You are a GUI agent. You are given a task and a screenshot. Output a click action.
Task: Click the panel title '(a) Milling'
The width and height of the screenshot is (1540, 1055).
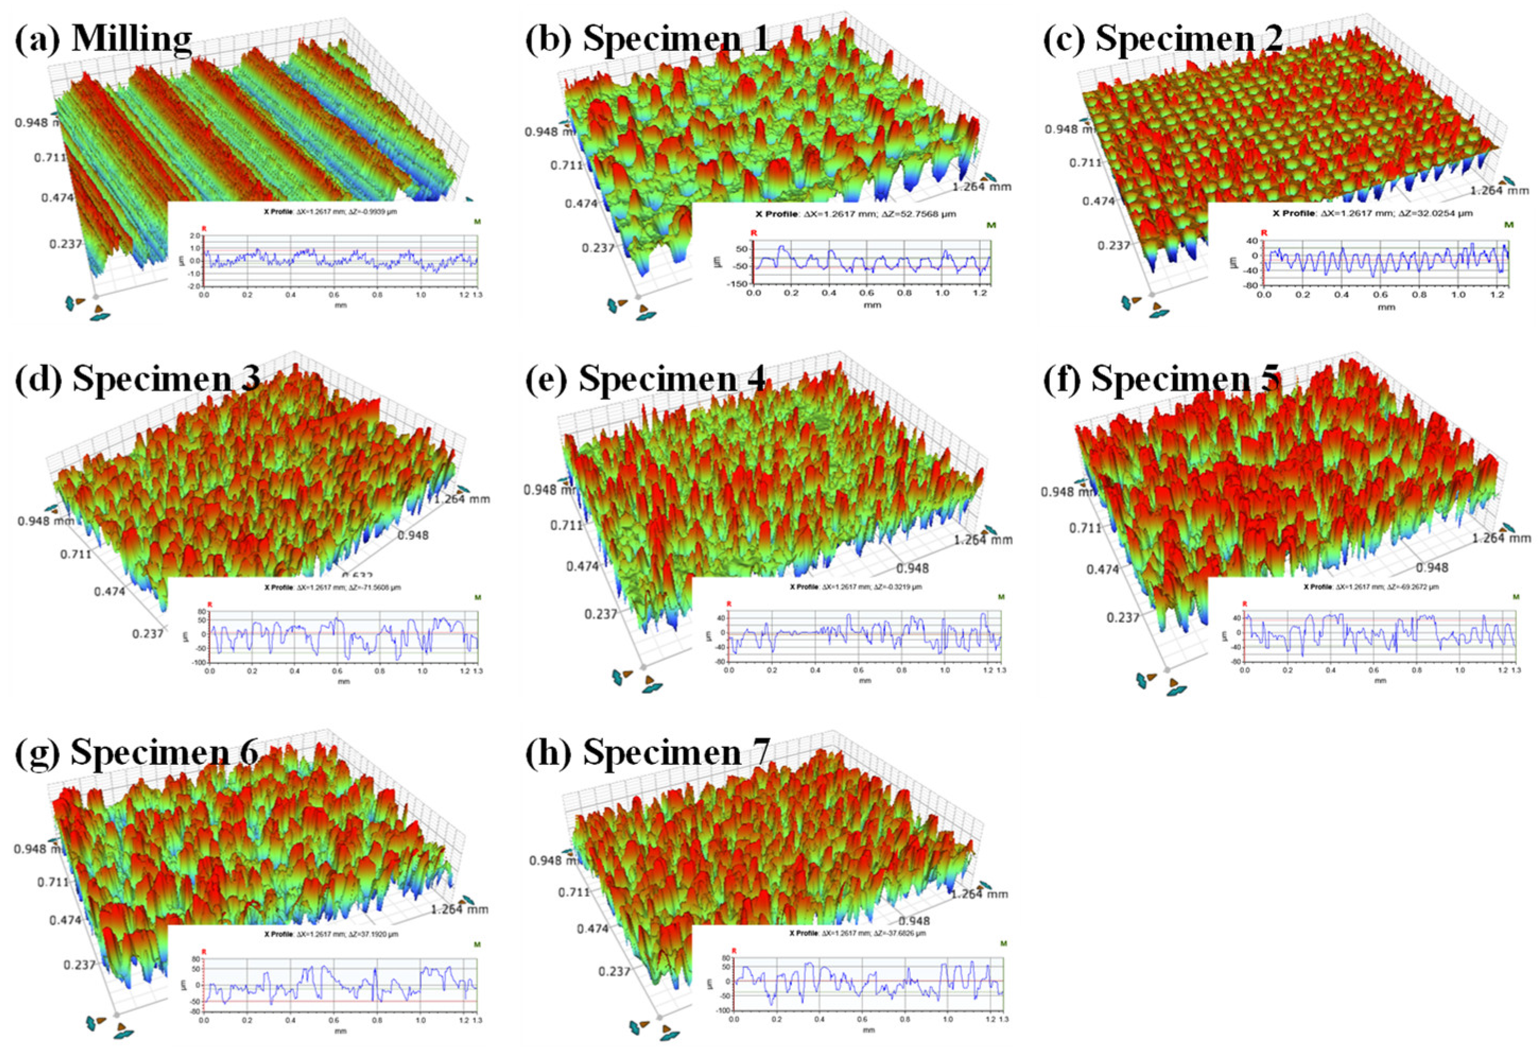(103, 38)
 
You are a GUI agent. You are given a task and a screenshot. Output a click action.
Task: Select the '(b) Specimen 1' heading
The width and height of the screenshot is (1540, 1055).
(648, 38)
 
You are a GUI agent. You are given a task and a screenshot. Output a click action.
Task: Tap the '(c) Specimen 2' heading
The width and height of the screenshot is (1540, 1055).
(1163, 38)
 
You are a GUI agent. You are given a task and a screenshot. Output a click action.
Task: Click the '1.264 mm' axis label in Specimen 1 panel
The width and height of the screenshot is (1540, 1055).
(981, 187)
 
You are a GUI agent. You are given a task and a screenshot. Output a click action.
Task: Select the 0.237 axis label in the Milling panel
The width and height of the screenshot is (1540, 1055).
(64, 244)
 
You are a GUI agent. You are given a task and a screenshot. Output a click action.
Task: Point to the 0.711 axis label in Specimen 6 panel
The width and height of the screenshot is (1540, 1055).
(54, 882)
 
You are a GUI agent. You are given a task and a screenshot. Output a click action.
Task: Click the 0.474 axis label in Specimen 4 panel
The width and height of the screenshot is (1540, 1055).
(582, 566)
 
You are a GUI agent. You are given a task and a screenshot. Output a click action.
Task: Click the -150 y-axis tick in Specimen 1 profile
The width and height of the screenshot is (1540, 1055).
(738, 284)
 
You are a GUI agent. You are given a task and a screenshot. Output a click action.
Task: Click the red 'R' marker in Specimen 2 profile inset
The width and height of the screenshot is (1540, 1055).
(1264, 233)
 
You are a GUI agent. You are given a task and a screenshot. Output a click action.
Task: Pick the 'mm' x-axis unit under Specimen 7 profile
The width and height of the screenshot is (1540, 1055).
(869, 1030)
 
